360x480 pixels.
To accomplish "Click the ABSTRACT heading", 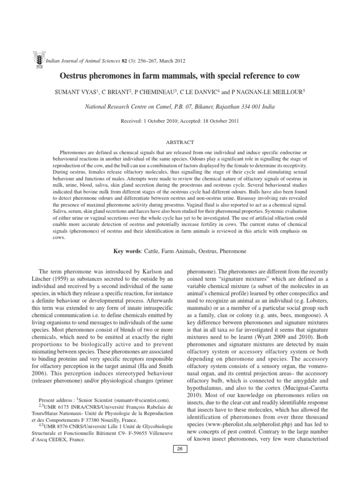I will tap(180, 142).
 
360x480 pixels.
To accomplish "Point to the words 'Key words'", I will tap(127, 251).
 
